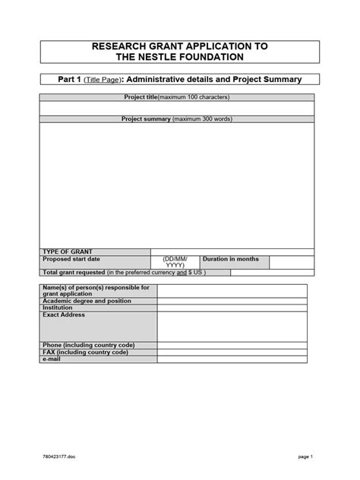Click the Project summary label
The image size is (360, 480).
tap(146, 119)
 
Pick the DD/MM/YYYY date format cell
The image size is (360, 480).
tap(175, 263)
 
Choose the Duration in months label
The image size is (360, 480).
tap(231, 259)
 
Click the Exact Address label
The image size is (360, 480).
tap(64, 314)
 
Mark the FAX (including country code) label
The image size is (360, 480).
tap(85, 352)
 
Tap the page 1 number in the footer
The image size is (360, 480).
tap(306, 457)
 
